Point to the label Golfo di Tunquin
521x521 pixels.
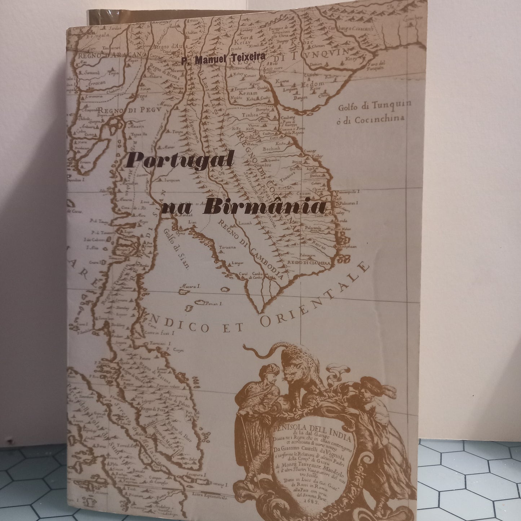[375, 107]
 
